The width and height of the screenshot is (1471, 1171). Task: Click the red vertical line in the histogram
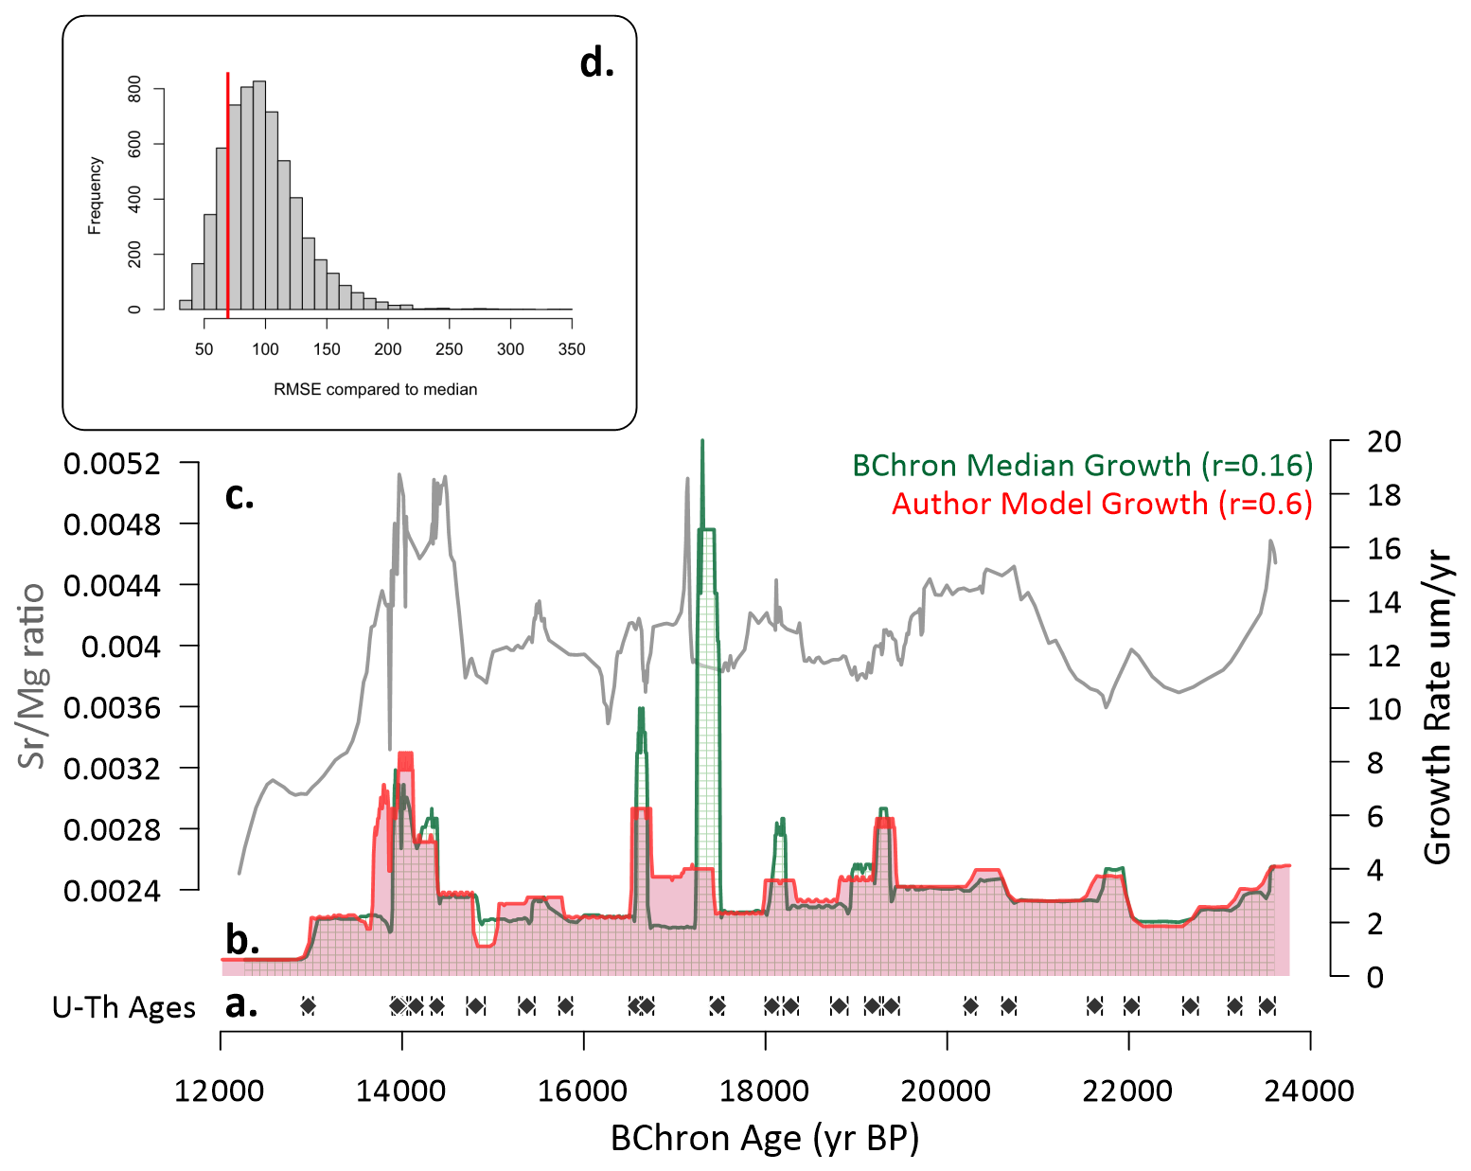click(227, 189)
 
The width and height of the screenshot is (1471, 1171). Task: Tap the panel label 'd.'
click(596, 63)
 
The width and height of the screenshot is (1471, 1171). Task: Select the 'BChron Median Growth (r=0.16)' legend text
click(1082, 465)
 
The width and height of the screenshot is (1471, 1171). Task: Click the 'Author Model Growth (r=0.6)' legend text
click(1102, 503)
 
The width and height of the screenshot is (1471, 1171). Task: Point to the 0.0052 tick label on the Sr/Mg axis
click(112, 464)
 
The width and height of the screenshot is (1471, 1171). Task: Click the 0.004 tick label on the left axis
click(121, 647)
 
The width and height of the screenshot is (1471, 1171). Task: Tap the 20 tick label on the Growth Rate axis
click(1383, 441)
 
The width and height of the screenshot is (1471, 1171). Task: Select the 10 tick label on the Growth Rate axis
click(1383, 709)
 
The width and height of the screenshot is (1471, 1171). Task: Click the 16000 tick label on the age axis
click(582, 1091)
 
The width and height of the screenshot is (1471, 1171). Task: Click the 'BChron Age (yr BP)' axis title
click(765, 1138)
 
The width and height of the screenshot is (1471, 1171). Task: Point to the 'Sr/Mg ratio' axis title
click(33, 675)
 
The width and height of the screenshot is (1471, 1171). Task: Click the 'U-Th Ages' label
click(124, 1007)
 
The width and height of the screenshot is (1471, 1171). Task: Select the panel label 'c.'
click(239, 495)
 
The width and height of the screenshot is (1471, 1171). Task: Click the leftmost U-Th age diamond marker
click(307, 1005)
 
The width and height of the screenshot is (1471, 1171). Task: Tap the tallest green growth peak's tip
click(701, 441)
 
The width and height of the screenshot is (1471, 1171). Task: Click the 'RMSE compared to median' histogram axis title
click(375, 389)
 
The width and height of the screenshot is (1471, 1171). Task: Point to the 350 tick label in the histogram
click(571, 349)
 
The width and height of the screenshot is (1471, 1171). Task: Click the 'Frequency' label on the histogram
click(95, 195)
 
